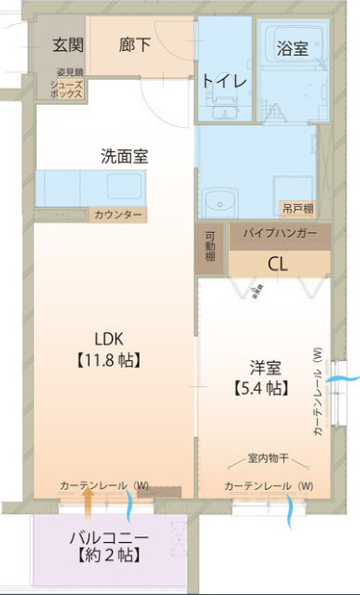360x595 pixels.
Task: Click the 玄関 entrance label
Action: click(67, 44)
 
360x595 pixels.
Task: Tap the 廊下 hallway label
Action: click(134, 44)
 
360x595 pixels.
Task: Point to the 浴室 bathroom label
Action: click(292, 47)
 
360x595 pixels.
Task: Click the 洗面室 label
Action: click(124, 155)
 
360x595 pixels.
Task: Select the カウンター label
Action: click(118, 215)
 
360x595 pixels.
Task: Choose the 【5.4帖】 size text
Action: click(260, 389)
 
